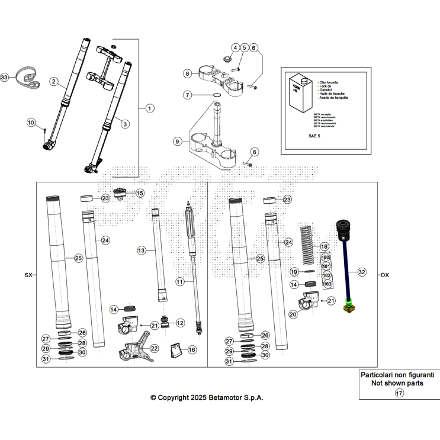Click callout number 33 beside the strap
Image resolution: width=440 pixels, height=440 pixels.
[5, 78]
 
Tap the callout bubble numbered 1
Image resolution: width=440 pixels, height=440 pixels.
[149, 108]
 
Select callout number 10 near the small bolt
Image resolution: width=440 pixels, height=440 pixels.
[31, 123]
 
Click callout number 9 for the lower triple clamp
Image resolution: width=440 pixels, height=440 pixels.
[177, 142]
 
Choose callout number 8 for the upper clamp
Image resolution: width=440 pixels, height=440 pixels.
[187, 74]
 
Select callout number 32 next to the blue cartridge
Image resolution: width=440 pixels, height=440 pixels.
[362, 272]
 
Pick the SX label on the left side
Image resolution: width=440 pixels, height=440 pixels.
[28, 275]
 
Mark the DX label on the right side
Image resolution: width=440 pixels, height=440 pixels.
[385, 275]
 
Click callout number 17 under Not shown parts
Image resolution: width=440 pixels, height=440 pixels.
[399, 393]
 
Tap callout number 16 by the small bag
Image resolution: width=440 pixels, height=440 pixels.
[192, 350]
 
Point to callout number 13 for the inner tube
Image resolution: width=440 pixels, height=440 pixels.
[142, 251]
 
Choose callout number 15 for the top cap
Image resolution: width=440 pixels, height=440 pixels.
[140, 193]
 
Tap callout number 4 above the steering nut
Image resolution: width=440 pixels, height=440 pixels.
[235, 47]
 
